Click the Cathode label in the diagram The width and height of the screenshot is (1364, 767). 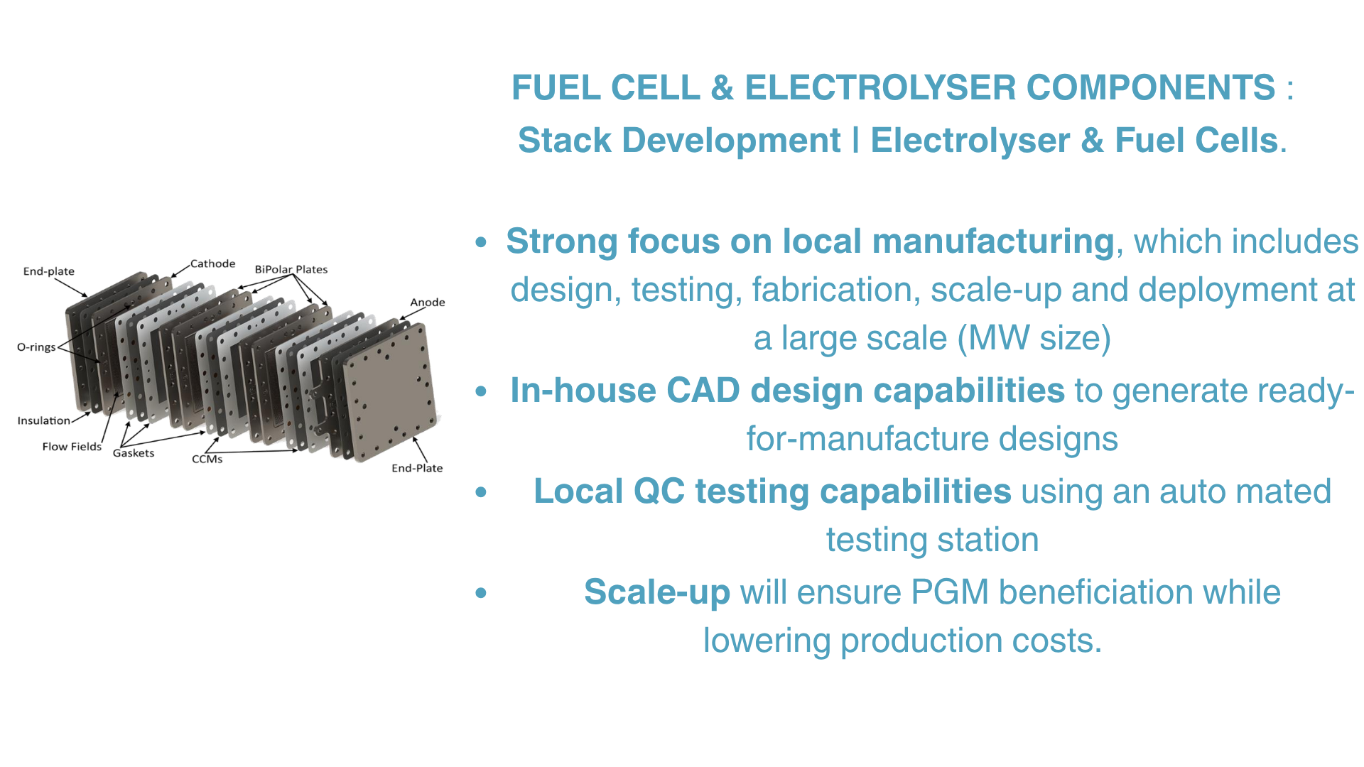(212, 263)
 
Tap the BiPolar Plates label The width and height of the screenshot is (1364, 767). (291, 269)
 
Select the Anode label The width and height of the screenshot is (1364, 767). (428, 302)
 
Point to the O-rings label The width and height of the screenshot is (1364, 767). (36, 347)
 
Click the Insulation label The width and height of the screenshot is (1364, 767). (44, 420)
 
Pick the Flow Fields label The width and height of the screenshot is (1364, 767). (72, 447)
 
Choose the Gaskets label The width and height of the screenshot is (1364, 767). (134, 453)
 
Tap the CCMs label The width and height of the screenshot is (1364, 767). (207, 459)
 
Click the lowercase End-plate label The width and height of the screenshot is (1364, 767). (49, 271)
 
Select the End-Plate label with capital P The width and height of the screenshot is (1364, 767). (417, 468)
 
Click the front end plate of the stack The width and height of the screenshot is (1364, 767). (389, 391)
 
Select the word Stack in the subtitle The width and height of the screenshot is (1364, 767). (565, 140)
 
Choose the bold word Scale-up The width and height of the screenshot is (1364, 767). (657, 593)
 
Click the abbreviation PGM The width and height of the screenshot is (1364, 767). (951, 592)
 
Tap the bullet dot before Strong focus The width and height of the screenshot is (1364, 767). (482, 242)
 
